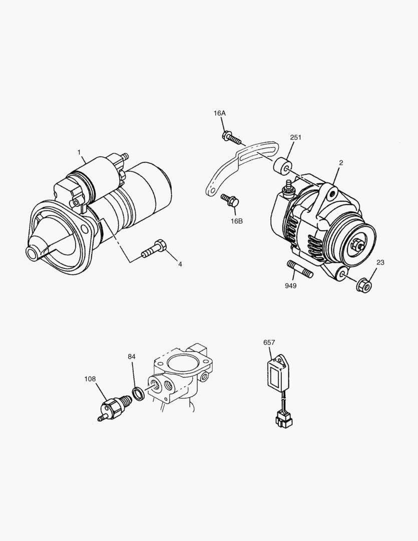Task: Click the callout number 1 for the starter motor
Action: pos(79,152)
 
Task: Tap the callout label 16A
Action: pos(220,113)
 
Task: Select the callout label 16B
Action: pos(236,220)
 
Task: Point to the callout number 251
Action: pos(296,137)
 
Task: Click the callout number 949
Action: pos(290,286)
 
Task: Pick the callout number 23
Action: pos(380,262)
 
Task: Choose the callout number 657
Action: pos(269,343)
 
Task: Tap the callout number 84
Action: pos(132,357)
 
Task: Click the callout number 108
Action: pos(90,379)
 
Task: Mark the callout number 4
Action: pos(180,264)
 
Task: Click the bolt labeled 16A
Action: pos(231,137)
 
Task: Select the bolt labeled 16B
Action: pos(231,200)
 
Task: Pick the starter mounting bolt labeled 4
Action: pos(154,249)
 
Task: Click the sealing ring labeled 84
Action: pos(139,393)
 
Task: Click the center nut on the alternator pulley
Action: pos(357,245)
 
